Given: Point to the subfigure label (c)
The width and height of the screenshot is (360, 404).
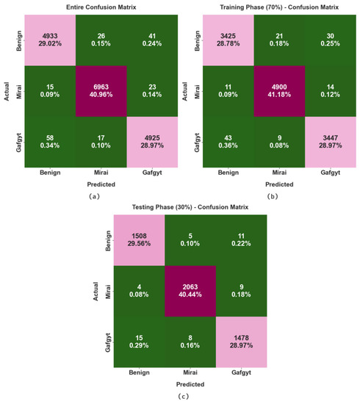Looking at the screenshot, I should [x=181, y=397].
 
